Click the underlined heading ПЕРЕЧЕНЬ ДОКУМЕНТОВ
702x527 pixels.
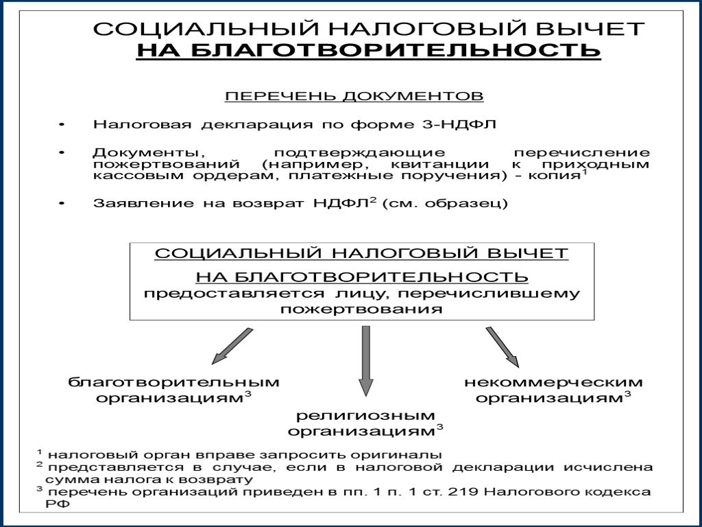[x=354, y=95]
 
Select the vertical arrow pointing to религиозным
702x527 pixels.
[x=366, y=360]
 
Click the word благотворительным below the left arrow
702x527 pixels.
[x=173, y=382]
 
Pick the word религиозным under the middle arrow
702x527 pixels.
[x=365, y=416]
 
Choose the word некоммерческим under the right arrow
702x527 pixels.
[x=553, y=382]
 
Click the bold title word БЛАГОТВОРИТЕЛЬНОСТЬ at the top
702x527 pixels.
[x=368, y=51]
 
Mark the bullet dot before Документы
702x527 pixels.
[x=61, y=152]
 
